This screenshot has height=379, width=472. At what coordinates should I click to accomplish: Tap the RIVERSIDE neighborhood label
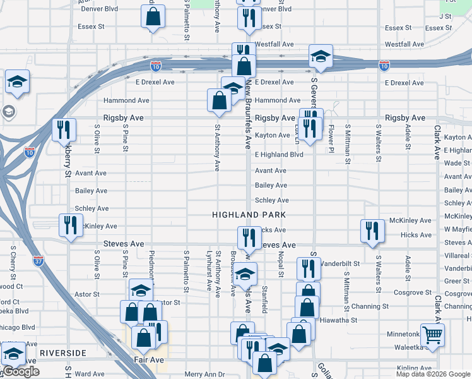tap(62, 352)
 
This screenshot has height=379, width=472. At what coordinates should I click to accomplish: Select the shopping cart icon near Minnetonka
tap(432, 335)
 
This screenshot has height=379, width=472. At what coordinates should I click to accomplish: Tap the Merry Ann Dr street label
tap(204, 375)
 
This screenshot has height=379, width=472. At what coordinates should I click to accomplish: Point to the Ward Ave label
tap(89, 375)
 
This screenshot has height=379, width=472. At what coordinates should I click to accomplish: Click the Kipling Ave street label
tap(415, 368)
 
